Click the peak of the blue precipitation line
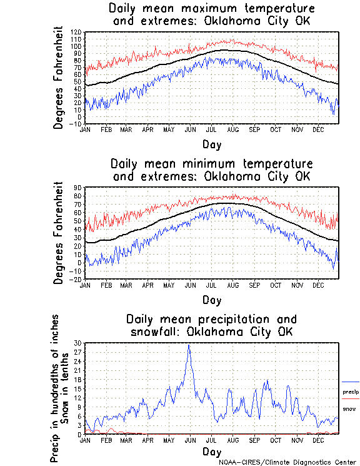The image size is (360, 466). tap(189, 345)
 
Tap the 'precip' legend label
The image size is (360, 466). tap(350, 392)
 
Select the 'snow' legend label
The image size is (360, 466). tap(349, 409)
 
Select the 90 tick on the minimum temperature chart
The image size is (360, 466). tap(78, 188)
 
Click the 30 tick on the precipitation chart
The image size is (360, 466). tap(77, 343)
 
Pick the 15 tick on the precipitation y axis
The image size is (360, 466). tap(77, 388)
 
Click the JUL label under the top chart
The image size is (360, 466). tap(211, 129)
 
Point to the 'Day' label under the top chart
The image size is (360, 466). tap(211, 143)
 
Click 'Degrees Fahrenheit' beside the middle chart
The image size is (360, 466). tap(59, 233)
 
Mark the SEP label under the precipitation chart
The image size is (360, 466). tap(254, 440)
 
